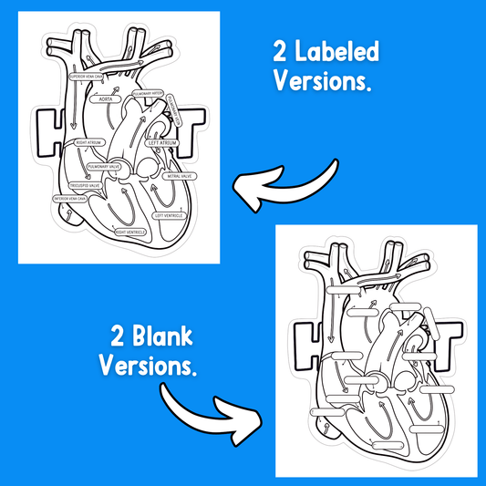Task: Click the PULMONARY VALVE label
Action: click(101, 167)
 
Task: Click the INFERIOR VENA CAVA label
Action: click(70, 198)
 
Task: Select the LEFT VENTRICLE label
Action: click(169, 216)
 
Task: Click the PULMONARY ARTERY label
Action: click(149, 92)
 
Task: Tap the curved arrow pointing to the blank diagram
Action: click(211, 407)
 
